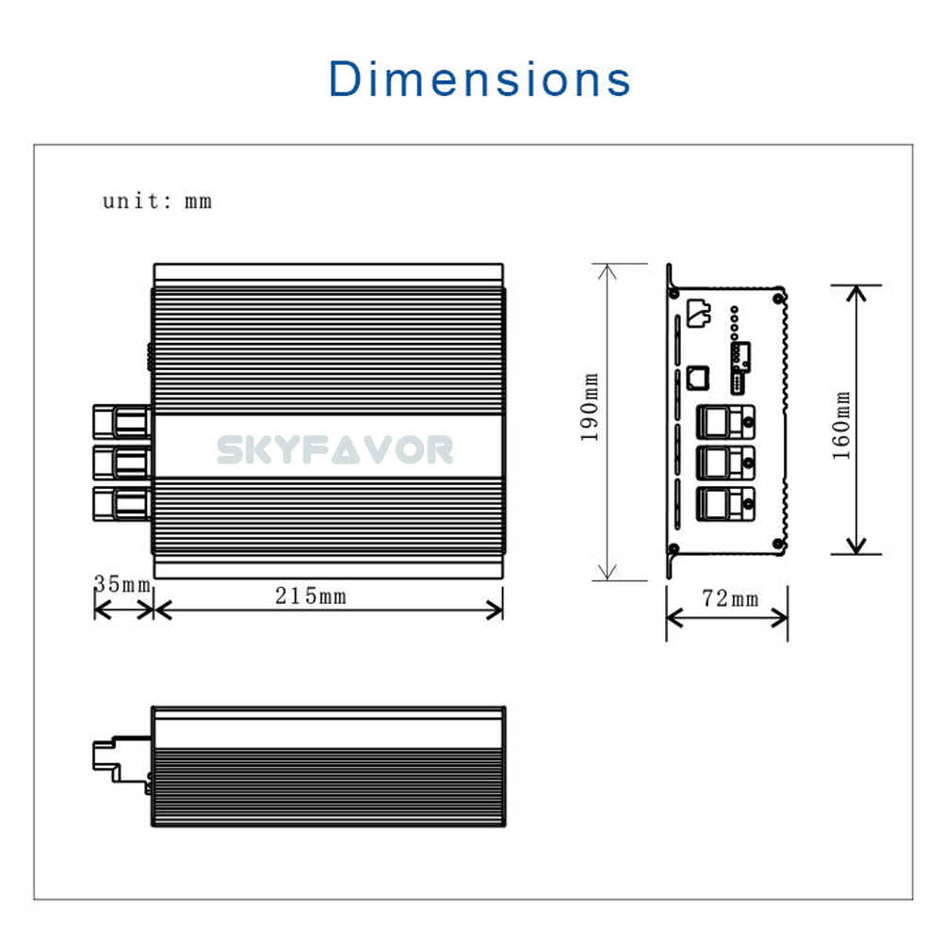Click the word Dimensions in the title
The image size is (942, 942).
479,78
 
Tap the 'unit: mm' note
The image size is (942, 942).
157,201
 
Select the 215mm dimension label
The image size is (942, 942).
311,596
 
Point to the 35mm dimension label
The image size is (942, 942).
122,584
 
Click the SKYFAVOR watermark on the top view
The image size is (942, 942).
335,450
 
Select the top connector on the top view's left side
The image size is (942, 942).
122,421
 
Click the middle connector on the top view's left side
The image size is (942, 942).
122,463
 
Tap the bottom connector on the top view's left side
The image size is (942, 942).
122,503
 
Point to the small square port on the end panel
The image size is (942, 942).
698,376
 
